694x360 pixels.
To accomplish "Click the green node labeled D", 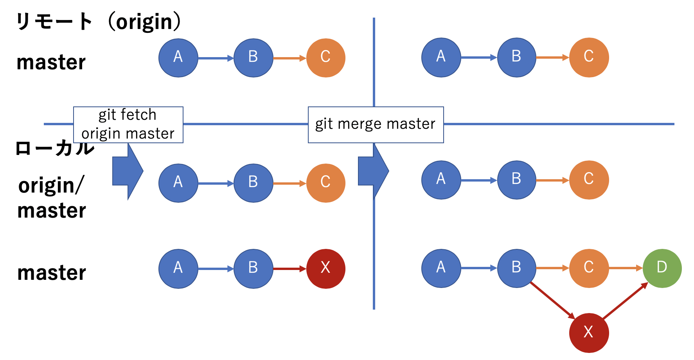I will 662,268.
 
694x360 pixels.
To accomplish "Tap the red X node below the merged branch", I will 589,333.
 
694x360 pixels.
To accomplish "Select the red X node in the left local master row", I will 325,268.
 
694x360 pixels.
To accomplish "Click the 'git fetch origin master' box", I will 128,124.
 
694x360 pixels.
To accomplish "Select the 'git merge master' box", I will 376,124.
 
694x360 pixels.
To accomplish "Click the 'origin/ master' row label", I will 51,198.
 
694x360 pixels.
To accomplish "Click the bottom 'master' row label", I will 51,273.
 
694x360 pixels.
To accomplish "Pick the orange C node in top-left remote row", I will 325,58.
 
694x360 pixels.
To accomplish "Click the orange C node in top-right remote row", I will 589,57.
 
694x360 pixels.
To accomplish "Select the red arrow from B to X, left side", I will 289,269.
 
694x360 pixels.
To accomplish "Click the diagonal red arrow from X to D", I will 625,301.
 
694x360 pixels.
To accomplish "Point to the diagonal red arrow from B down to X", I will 552,300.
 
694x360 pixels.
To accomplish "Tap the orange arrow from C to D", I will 626,268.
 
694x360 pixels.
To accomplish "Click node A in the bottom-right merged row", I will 441,268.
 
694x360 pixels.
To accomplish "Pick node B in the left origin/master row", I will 253,183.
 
